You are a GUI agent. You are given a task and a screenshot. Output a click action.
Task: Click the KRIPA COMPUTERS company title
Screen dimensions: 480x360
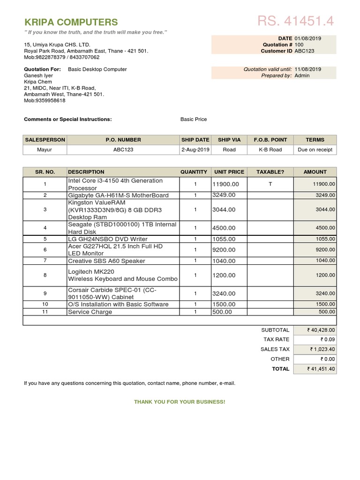point(71,22)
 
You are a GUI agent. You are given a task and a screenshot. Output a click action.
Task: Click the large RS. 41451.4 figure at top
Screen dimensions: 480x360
point(295,21)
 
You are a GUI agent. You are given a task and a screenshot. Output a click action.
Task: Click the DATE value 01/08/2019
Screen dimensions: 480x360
point(307,38)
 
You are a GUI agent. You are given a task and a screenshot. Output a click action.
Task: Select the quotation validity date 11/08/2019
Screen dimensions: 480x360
point(307,69)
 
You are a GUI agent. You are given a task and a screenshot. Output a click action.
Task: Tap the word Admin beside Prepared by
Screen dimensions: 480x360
point(302,75)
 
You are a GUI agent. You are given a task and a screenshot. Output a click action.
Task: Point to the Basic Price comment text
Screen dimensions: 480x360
point(194,120)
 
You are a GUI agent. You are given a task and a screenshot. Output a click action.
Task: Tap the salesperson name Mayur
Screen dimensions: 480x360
point(45,150)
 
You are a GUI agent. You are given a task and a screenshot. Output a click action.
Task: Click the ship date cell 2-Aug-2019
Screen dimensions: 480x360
point(195,150)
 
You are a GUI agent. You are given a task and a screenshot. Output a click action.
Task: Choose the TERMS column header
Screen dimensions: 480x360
point(315,140)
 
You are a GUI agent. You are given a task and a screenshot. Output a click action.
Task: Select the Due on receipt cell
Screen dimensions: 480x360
point(315,150)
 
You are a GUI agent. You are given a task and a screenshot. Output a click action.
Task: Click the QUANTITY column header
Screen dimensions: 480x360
point(194,172)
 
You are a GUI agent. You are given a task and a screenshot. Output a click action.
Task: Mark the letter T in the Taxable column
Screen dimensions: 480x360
point(270,184)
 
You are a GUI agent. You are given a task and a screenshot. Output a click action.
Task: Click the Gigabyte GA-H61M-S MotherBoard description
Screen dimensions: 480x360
point(118,195)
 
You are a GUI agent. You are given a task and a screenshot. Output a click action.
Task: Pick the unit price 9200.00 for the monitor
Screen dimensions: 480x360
point(224,250)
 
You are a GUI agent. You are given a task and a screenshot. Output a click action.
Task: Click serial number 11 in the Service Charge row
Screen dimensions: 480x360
point(45,312)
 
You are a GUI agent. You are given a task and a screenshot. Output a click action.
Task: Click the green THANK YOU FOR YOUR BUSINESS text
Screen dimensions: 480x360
point(180,402)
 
